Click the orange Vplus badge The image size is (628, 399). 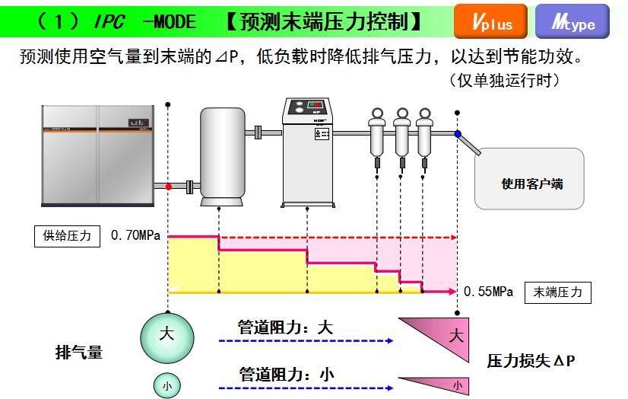(490, 21)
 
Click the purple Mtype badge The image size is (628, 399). (572, 21)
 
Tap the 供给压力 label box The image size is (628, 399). (68, 236)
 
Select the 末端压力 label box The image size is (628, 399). (557, 292)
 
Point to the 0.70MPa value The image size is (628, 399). (135, 236)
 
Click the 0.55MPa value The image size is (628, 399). (488, 292)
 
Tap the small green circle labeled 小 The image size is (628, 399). (167, 385)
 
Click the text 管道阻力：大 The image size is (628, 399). (286, 328)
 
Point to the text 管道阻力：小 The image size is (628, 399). (286, 374)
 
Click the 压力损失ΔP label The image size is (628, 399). (531, 360)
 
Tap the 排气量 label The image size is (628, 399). (79, 353)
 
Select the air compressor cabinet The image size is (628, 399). (97, 156)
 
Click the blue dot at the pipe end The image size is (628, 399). (458, 135)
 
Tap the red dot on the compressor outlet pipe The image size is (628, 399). (168, 186)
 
